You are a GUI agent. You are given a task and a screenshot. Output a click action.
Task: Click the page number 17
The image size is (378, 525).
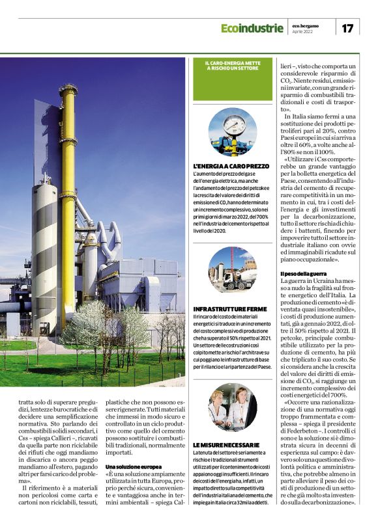point(347,28)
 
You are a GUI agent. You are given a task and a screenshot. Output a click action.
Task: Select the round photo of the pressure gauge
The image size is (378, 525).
point(233,131)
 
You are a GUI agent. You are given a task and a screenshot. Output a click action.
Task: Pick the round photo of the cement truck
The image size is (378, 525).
point(233,269)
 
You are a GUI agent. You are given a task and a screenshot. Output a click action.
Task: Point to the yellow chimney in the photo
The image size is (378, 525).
point(68,176)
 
